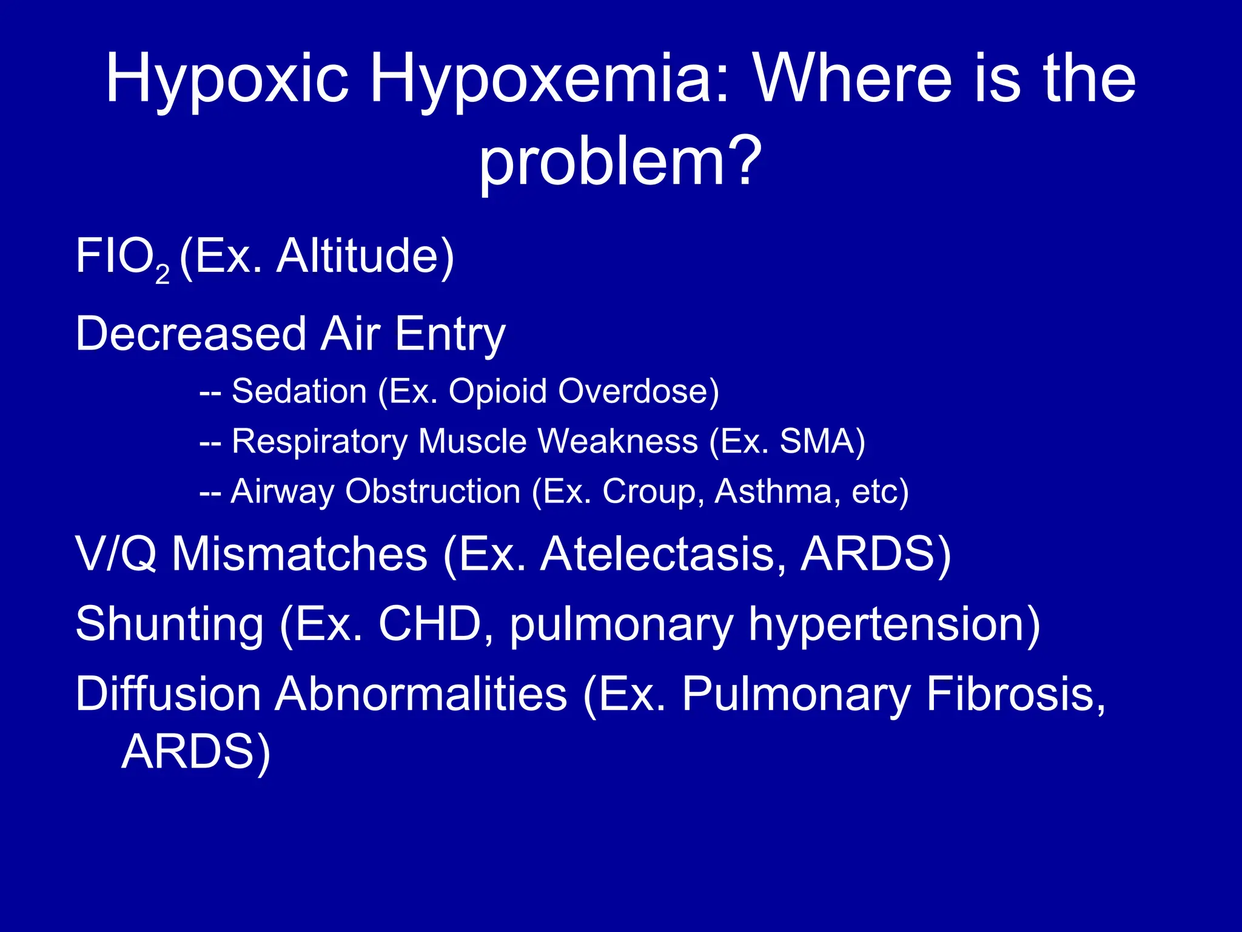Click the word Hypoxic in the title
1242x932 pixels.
(x=227, y=79)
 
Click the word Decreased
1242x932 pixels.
(x=191, y=334)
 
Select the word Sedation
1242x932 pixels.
(x=299, y=391)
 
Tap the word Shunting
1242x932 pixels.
(x=170, y=625)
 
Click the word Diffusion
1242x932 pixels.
(x=168, y=694)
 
